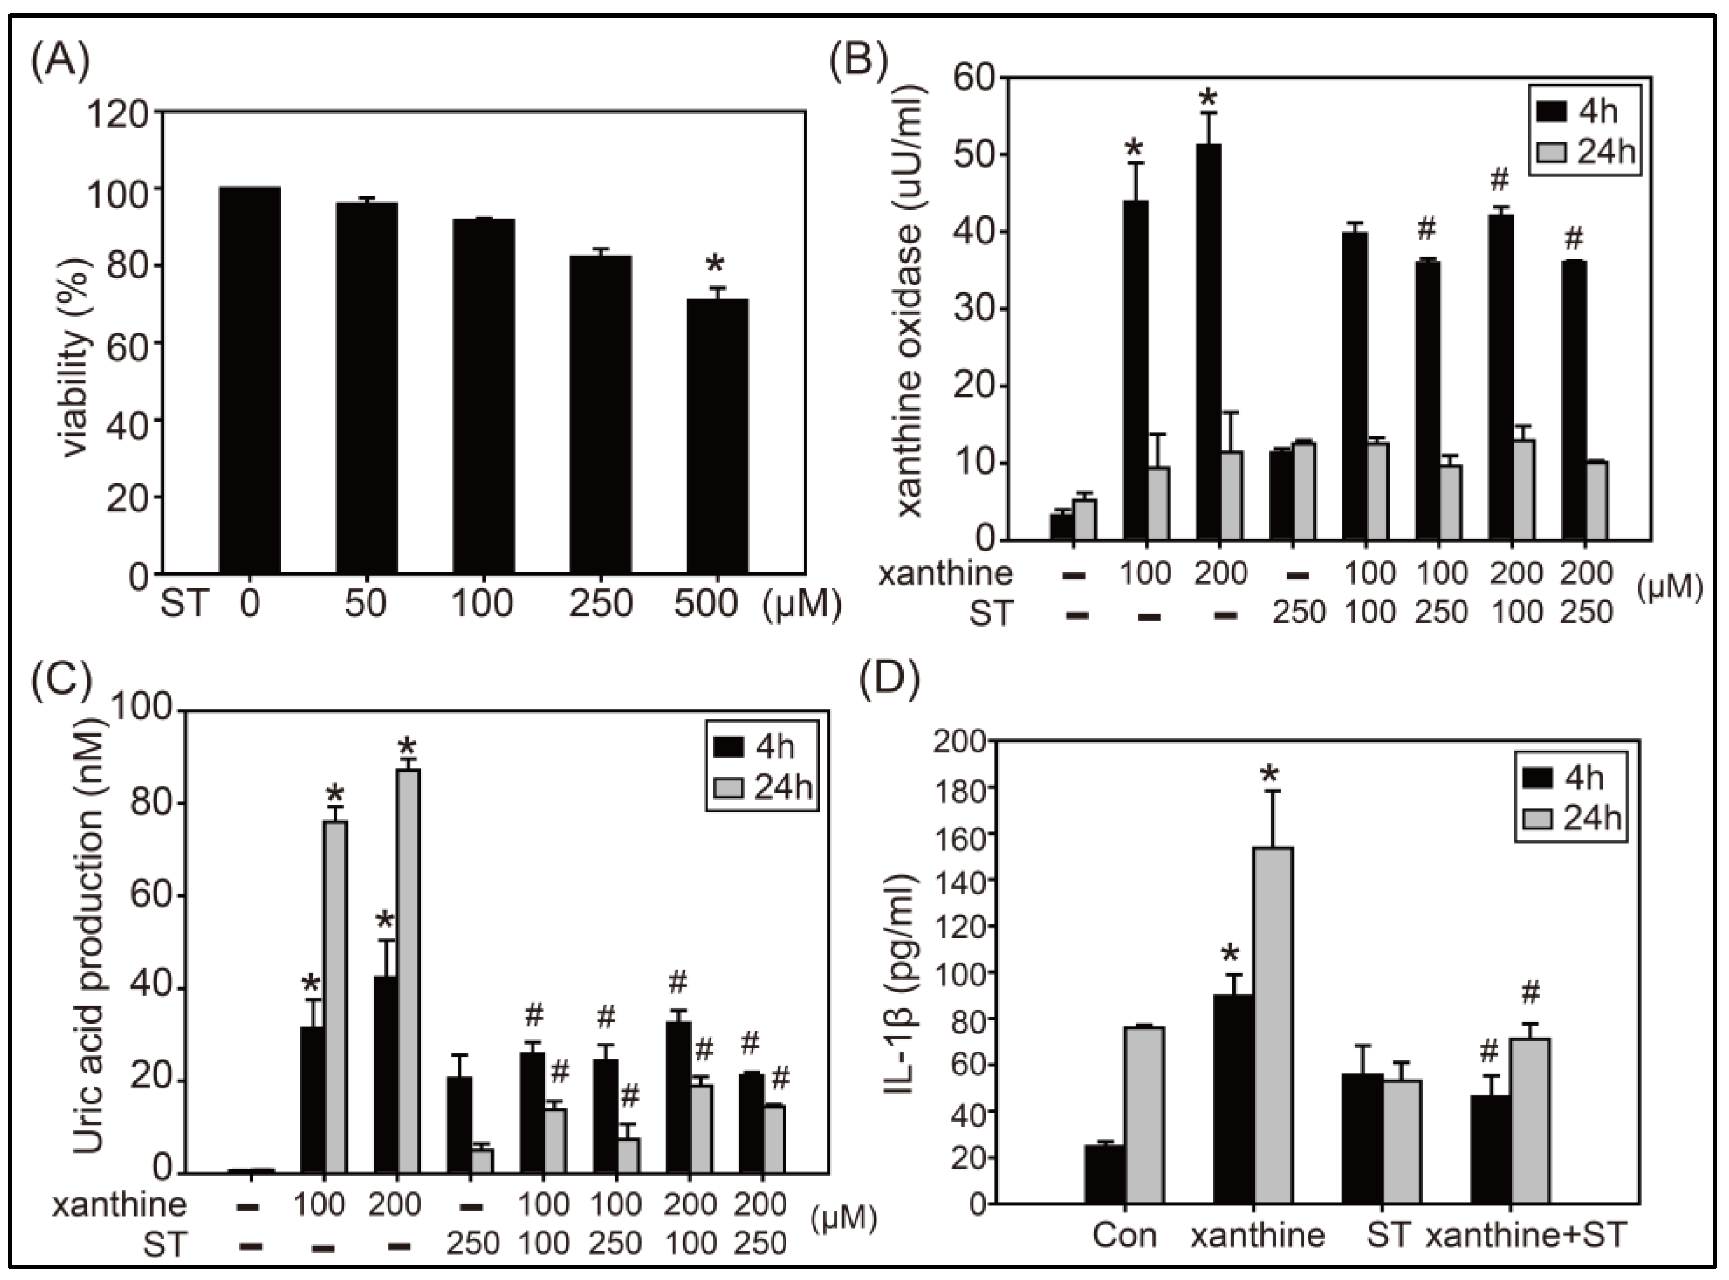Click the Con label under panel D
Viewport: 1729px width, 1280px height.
[x=1125, y=1235]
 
